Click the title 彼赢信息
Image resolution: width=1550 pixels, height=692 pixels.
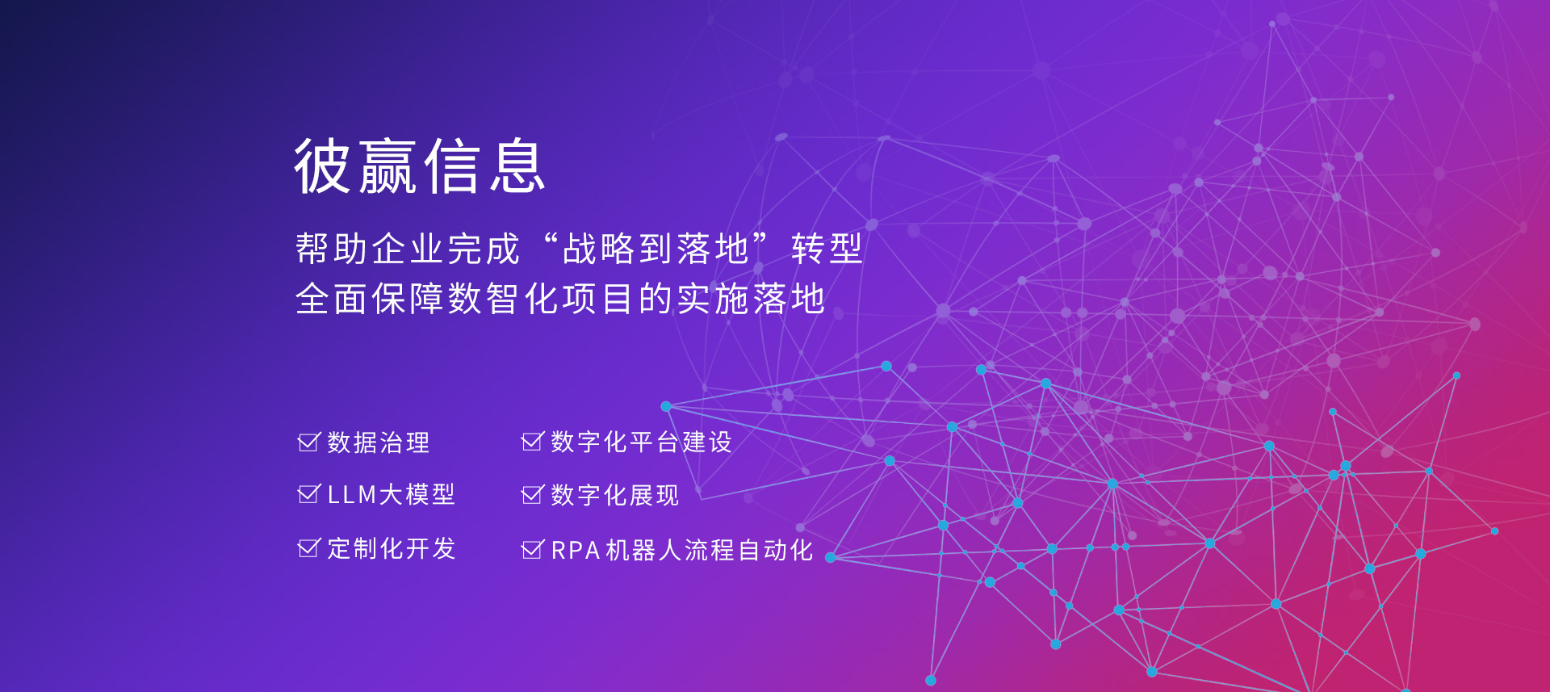[x=420, y=166]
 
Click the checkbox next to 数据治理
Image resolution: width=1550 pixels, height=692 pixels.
[x=309, y=442]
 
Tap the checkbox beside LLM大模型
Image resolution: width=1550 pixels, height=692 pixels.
[x=309, y=494]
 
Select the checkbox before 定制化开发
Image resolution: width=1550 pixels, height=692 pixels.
[x=309, y=548]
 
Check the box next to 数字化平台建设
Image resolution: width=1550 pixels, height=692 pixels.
[x=533, y=441]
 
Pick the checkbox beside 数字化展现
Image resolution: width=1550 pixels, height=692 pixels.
[x=533, y=494]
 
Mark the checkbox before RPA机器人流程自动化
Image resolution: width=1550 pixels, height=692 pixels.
[x=533, y=550]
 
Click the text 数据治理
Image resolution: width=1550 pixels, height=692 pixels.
[x=379, y=442]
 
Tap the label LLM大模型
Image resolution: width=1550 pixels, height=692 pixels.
[x=392, y=494]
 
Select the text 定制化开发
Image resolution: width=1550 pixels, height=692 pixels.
[x=392, y=548]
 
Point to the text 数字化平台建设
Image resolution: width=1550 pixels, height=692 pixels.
[x=642, y=442]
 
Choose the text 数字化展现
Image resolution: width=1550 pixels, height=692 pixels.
[x=615, y=495]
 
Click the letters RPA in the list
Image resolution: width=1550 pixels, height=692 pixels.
[x=576, y=551]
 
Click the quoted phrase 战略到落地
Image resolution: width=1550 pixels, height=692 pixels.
[x=656, y=249]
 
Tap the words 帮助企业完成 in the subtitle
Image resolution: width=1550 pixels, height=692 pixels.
[x=408, y=249]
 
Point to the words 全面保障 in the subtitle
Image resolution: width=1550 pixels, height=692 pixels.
[x=371, y=299]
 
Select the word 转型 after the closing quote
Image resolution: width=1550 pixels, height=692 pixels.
[x=827, y=249]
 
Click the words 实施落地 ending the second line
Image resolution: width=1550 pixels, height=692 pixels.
[x=751, y=299]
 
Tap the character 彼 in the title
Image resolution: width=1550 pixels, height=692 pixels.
[x=322, y=166]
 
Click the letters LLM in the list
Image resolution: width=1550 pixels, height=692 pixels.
[x=352, y=495]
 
